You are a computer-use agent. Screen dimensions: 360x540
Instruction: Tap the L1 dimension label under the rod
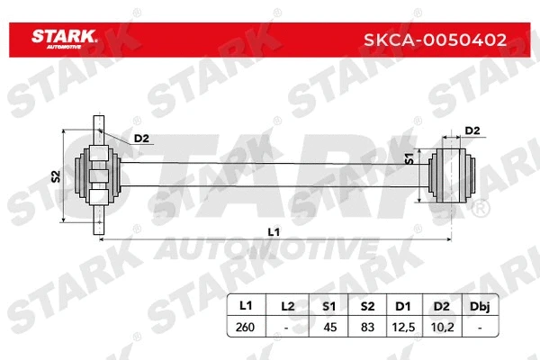coord(274,231)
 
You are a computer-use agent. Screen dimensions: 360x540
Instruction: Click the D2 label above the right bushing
coord(471,131)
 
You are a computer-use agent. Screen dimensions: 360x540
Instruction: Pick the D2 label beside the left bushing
coord(140,138)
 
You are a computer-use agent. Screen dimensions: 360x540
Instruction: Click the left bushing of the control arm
coord(99,172)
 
